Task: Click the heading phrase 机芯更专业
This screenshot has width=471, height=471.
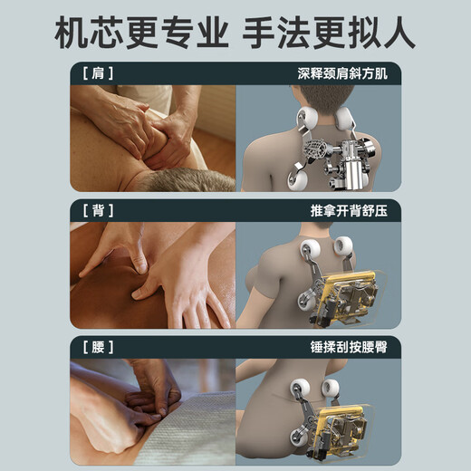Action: coord(141,33)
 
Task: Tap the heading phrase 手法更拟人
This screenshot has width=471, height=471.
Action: coord(329,33)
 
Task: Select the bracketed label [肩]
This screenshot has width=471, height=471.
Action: coord(98,73)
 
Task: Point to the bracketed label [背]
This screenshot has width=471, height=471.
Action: coord(98,210)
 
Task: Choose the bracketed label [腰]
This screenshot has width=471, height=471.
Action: coord(98,347)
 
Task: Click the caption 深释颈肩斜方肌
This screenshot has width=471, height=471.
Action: coord(342,73)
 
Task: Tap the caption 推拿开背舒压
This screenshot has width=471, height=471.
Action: coord(349,210)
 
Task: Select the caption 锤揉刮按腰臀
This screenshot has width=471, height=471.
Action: coord(349,347)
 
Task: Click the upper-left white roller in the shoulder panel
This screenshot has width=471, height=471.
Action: coord(307,118)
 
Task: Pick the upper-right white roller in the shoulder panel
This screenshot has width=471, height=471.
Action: coord(344,117)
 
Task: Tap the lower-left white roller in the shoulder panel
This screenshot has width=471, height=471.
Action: coord(298,180)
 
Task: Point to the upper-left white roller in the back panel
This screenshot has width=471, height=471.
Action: coord(311,248)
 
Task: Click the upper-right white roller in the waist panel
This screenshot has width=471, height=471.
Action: coord(331,389)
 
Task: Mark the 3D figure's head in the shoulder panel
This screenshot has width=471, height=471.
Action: coord(323,100)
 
